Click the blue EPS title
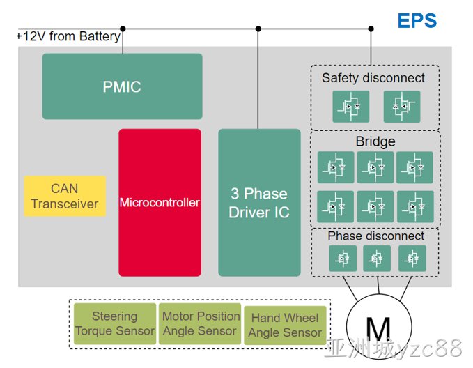pos(417,20)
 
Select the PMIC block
pos(122,86)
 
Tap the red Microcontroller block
pos(160,203)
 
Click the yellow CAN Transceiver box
pos(65,197)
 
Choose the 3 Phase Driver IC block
pos(259,203)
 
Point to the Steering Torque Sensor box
pos(115,323)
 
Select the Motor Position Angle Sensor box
pos(200,323)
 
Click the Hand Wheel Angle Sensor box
pos(285,325)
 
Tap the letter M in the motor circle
pos(378,330)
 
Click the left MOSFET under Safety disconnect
pos(351,107)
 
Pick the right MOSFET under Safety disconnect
pos(402,107)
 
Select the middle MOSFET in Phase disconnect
pos(377,259)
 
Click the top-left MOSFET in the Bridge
pos(336,167)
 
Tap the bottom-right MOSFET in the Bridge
pos(415,206)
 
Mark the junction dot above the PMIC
pos(123,29)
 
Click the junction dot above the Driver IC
pos(258,29)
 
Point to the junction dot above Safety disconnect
pos(371,29)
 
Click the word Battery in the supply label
pos(100,37)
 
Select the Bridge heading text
pos(375,141)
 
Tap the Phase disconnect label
pos(376,236)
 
